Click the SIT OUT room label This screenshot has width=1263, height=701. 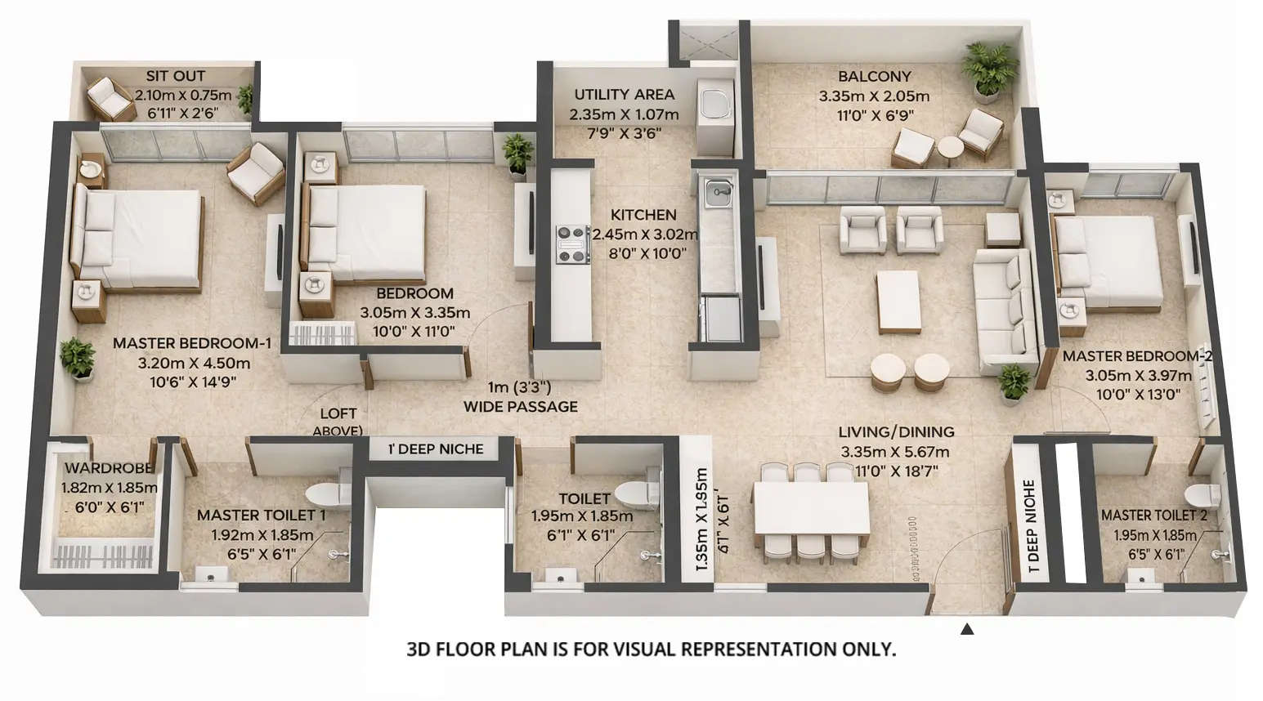click(175, 76)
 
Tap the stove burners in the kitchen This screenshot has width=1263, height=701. click(573, 244)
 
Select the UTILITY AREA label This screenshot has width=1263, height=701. click(624, 95)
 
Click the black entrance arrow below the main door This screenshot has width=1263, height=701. click(967, 629)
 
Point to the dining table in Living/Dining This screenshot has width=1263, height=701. click(811, 507)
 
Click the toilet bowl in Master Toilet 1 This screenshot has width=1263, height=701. click(325, 493)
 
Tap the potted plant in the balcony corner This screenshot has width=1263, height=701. click(989, 70)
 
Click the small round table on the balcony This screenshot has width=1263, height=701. click(951, 150)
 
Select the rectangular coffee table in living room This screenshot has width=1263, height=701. click(898, 301)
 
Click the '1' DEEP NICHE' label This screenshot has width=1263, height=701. click(435, 449)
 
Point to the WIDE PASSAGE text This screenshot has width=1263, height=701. click(520, 406)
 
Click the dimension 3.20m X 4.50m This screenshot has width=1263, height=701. click(194, 363)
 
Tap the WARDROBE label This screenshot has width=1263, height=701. click(109, 468)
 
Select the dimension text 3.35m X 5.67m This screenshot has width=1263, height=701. click(895, 452)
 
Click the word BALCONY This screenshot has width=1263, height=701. click(874, 77)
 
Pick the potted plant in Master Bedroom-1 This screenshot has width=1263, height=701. click(78, 358)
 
